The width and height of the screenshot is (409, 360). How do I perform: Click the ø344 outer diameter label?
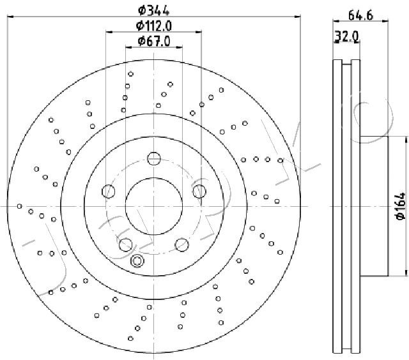point(153,11)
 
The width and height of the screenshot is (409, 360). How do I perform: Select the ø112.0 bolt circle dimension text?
point(154,26)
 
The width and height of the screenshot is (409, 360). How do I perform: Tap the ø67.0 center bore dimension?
point(154,41)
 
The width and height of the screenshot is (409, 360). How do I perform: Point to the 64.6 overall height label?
point(360,15)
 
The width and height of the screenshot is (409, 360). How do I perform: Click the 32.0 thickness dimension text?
point(347,36)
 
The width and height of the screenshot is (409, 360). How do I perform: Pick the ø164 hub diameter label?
point(401,206)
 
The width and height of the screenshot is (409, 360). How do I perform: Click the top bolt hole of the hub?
point(154,158)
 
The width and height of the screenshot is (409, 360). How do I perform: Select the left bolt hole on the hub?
point(108,191)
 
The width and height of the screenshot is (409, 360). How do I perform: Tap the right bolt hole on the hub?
point(199,191)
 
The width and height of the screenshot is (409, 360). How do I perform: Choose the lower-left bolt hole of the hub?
point(126,245)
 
